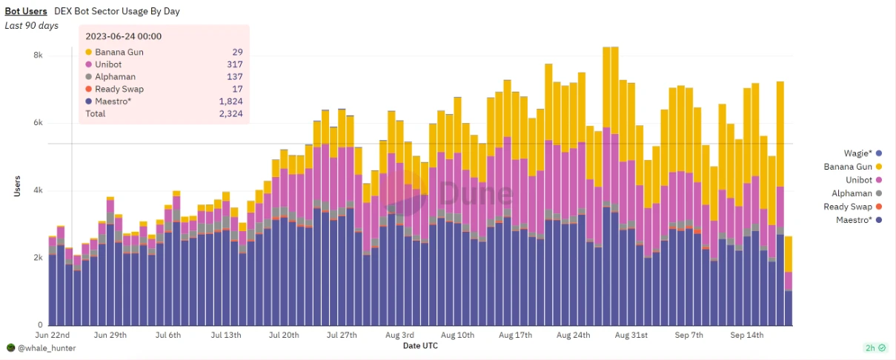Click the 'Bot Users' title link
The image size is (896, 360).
27,11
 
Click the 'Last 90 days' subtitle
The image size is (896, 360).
31,25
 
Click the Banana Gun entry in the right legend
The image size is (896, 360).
848,166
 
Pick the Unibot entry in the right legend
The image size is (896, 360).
852,179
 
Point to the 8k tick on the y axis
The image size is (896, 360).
37,56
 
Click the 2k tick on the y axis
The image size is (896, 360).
37,258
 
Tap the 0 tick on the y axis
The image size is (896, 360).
40,325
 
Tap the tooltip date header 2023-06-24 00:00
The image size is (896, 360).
123,36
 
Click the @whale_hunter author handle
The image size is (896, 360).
47,347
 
